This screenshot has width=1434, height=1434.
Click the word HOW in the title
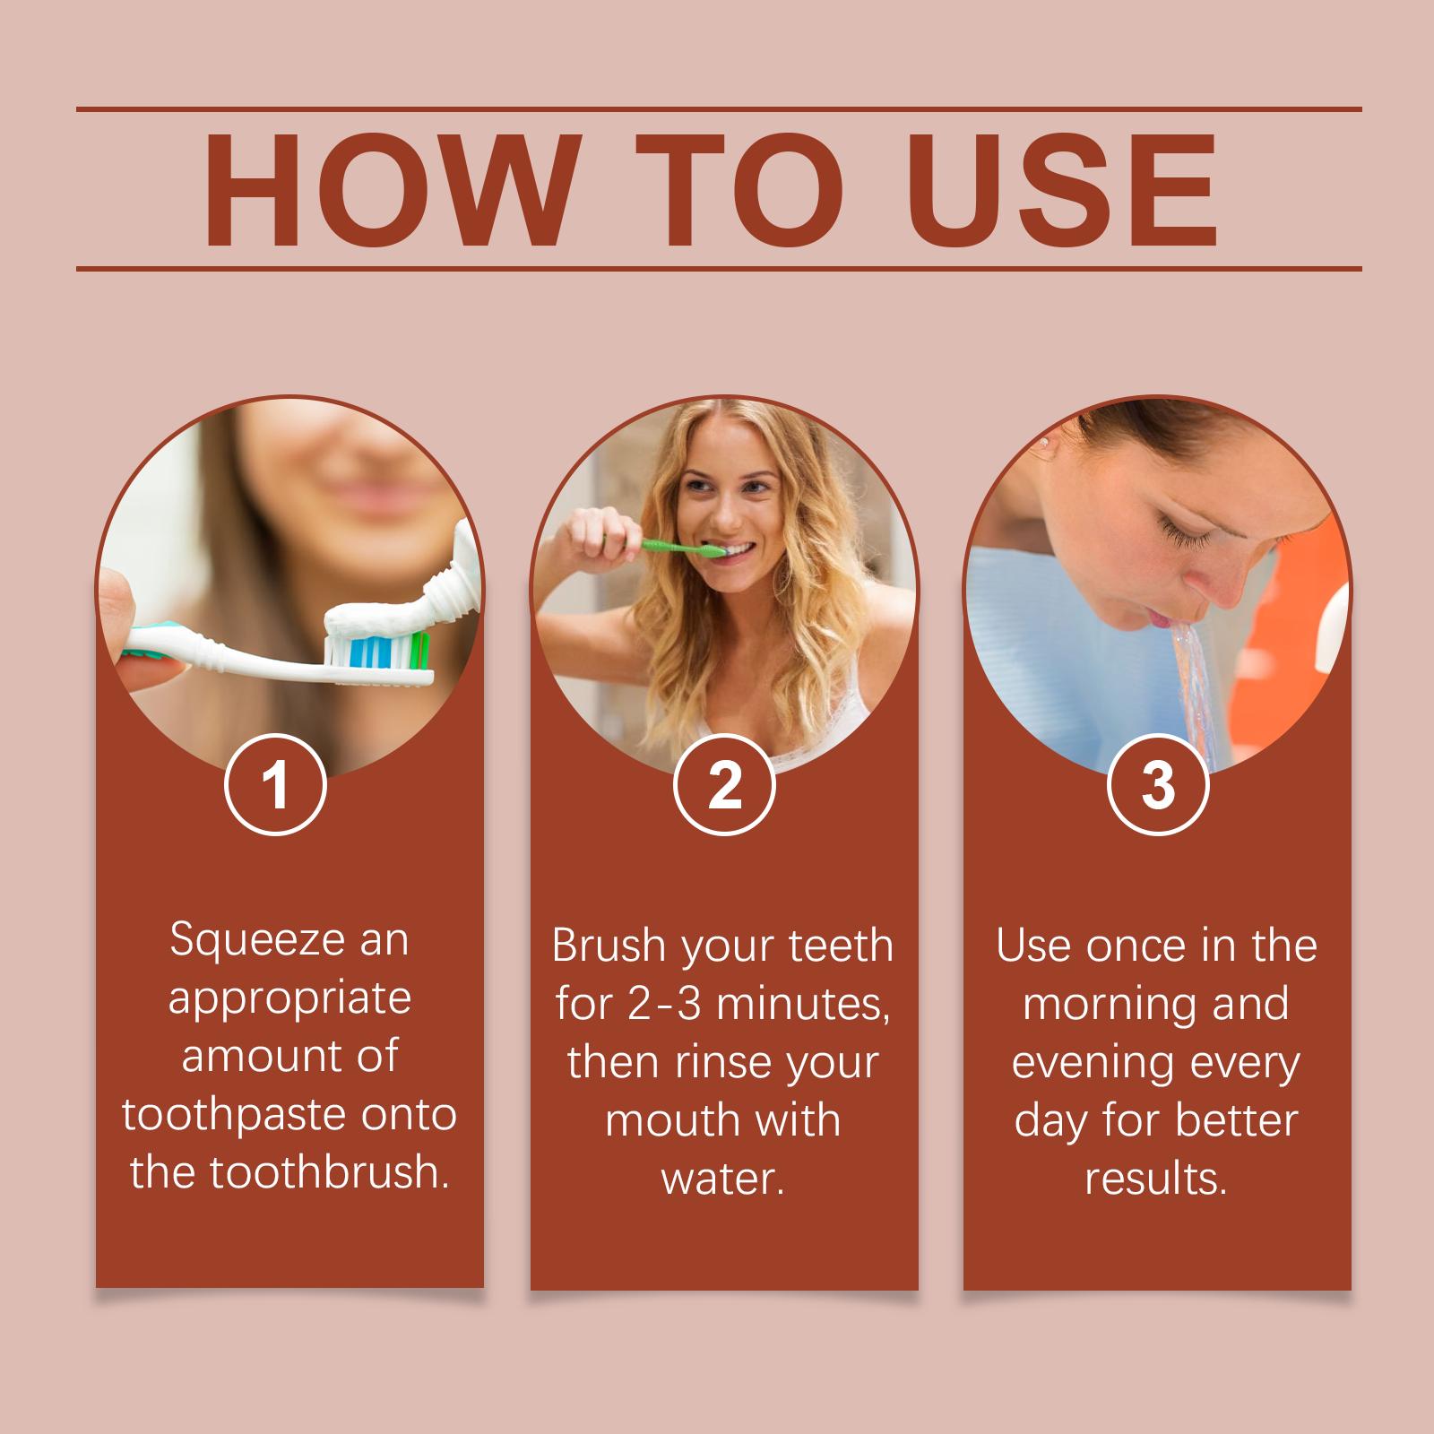[x=388, y=190]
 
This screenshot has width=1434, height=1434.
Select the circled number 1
[x=275, y=785]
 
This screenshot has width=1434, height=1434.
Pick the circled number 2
[x=724, y=785]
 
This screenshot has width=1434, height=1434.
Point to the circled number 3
[x=1158, y=785]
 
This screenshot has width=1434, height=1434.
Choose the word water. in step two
[x=723, y=1179]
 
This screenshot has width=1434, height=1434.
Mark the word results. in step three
[x=1156, y=1179]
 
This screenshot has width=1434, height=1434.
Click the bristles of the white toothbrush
[x=380, y=649]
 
